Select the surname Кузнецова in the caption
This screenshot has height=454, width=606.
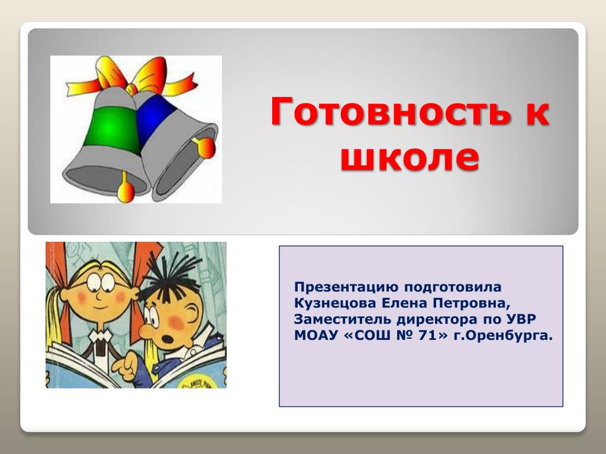(335, 303)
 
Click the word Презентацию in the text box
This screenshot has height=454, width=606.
(346, 287)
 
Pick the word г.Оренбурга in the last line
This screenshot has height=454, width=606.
(503, 336)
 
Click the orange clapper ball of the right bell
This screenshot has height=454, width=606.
(205, 147)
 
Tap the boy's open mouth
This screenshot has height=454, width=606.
(168, 339)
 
